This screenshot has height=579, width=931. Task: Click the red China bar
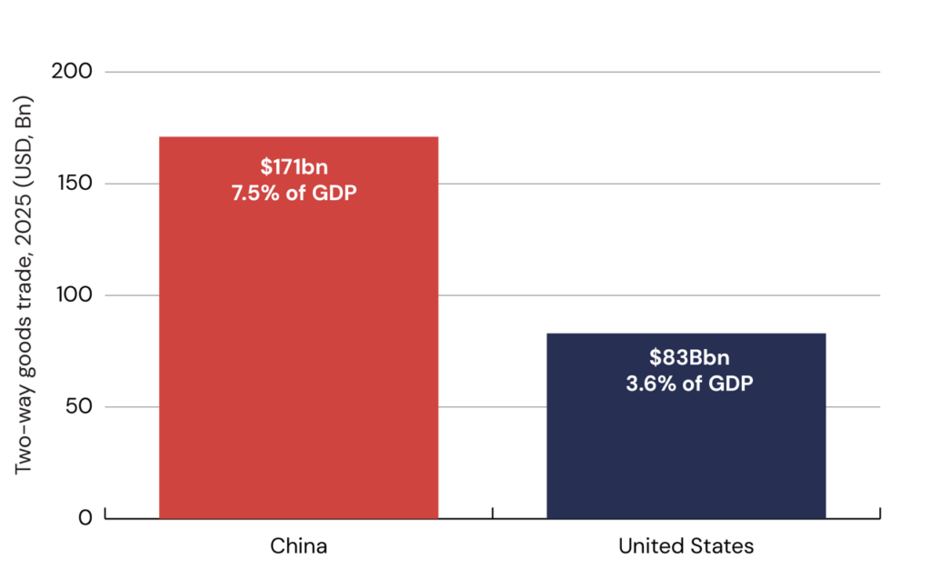coord(298,328)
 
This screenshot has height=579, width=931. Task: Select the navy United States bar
coord(686,425)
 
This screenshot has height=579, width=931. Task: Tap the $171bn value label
coord(294,167)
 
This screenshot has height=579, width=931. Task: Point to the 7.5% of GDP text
coord(294,193)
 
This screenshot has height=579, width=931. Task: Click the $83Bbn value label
coord(689,357)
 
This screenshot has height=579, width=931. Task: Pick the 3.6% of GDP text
coord(689,384)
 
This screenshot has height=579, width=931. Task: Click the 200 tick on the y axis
coord(72,71)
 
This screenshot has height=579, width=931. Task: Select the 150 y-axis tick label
coord(75,183)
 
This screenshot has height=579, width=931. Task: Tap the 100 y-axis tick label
coord(75,294)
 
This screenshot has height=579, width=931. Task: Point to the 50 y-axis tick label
coord(80,406)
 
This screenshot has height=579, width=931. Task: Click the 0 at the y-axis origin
coord(85,518)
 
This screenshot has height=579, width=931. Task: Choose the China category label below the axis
coord(298,546)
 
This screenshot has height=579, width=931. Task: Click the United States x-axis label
coord(686,546)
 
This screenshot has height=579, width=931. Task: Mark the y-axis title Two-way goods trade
coord(23,285)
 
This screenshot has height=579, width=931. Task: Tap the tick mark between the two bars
coord(492,513)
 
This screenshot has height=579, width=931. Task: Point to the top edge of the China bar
coord(298,137)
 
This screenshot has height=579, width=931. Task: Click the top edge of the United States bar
coord(686,334)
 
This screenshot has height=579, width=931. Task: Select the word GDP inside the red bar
coord(335,193)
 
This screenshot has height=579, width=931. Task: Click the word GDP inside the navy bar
coord(732,384)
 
